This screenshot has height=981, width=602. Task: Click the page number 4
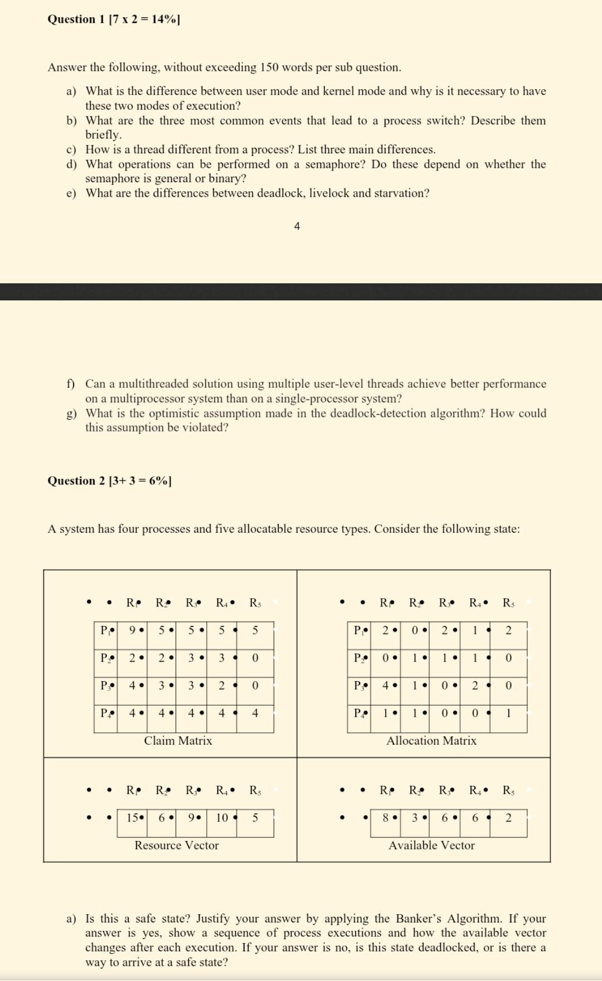tap(297, 226)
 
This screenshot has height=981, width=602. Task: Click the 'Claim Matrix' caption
tap(178, 741)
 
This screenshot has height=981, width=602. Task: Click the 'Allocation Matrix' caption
tap(431, 741)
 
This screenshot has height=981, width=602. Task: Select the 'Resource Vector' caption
tap(177, 846)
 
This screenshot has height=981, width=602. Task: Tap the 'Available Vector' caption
tap(431, 846)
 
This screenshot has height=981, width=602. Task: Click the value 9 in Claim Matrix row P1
tap(132, 630)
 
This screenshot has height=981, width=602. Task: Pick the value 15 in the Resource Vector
tap(133, 818)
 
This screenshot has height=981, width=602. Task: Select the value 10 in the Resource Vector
tap(222, 818)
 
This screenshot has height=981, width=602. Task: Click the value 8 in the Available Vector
tap(385, 818)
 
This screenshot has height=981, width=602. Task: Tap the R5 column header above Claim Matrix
tap(255, 603)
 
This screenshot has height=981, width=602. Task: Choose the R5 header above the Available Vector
tap(508, 790)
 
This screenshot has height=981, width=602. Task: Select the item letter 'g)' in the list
tap(71, 414)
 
